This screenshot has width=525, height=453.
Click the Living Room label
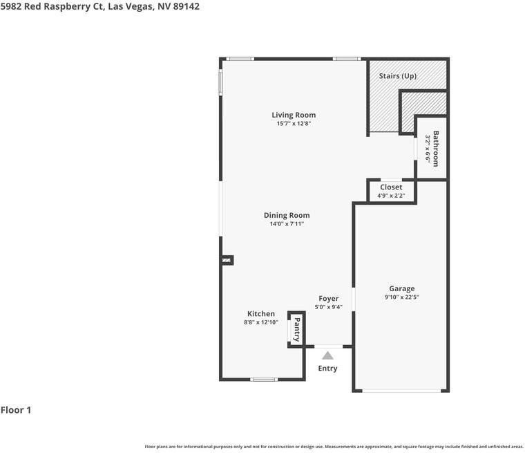pyautogui.click(x=294, y=115)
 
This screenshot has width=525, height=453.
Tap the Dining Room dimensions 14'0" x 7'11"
pyautogui.click(x=287, y=223)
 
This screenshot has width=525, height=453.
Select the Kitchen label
pyautogui.click(x=261, y=314)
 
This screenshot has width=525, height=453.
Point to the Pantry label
pyautogui.click(x=296, y=330)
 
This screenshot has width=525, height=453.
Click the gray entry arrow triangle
pyautogui.click(x=328, y=355)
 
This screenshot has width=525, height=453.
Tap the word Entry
pyautogui.click(x=327, y=368)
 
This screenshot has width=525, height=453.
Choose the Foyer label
pyautogui.click(x=328, y=298)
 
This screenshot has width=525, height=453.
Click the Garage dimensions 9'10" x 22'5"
pyautogui.click(x=402, y=297)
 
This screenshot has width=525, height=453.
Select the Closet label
pyautogui.click(x=391, y=187)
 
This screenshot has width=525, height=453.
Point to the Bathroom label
pyautogui.click(x=436, y=149)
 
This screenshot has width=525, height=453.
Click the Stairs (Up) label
pyautogui.click(x=398, y=76)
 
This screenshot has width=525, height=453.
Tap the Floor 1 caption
pyautogui.click(x=16, y=410)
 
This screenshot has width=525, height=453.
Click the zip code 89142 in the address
pyautogui.click(x=186, y=6)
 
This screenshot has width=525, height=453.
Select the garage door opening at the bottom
pyautogui.click(x=402, y=391)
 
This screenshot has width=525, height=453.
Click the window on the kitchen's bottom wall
pyautogui.click(x=264, y=380)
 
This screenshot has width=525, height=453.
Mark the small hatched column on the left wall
pyautogui.click(x=227, y=260)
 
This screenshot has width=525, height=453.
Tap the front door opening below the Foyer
pyautogui.click(x=328, y=346)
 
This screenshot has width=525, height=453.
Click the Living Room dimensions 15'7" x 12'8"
pyautogui.click(x=294, y=123)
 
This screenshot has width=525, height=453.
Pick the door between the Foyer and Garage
pyautogui.click(x=354, y=299)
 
